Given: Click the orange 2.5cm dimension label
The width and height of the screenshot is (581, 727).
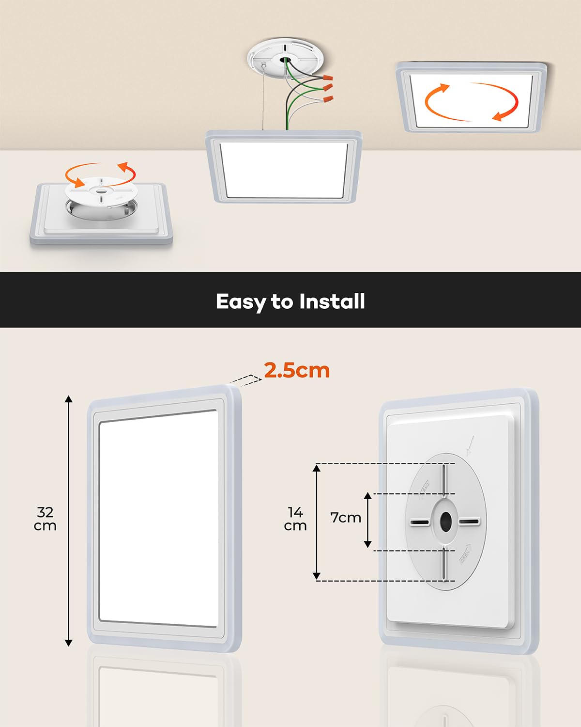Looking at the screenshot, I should pos(297,370).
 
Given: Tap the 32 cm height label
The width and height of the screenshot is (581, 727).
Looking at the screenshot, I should pos(45,519).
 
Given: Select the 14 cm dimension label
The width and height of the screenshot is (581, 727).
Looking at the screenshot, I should pos(295,519).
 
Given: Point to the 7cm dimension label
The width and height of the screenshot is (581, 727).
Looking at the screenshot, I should pos(346,518).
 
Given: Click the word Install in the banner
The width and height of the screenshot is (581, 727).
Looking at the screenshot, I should pos(332,301).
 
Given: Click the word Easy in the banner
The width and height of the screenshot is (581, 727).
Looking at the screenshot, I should pos(241,301).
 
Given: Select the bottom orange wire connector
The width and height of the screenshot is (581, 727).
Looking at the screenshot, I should pos(328,99).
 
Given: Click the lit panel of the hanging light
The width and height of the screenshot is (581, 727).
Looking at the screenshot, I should pos(284,170).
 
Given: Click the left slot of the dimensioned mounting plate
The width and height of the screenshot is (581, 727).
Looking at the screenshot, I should pos(419,522).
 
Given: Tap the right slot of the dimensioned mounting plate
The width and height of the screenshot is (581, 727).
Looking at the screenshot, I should pos(469,522).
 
